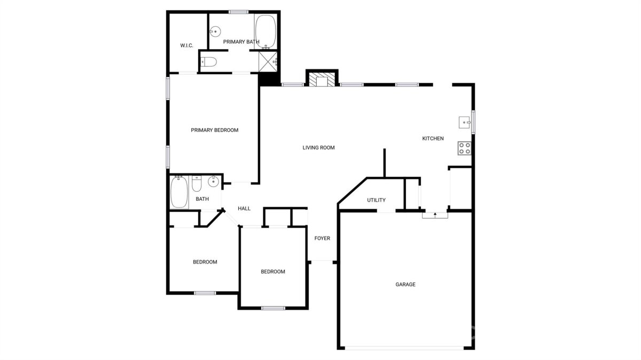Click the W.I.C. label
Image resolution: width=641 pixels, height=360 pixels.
click(x=186, y=45)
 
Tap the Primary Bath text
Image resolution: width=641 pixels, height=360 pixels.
click(x=241, y=42)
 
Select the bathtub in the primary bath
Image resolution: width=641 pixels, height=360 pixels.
click(x=265, y=32)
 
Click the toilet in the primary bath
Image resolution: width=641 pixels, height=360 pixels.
click(x=209, y=62)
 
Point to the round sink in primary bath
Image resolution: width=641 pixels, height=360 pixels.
click(x=215, y=31)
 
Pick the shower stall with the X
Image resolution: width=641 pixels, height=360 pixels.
click(x=268, y=62)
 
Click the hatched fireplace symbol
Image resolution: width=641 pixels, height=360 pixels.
click(x=322, y=79)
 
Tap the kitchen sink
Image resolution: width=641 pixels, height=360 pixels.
click(x=465, y=122)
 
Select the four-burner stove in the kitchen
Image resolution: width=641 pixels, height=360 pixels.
click(x=464, y=148)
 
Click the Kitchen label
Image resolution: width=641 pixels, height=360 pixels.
click(x=433, y=138)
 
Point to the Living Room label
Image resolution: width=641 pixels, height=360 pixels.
click(x=318, y=147)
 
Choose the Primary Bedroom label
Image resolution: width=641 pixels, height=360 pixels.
click(x=214, y=130)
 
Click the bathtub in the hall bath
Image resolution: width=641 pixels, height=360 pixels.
click(x=179, y=192)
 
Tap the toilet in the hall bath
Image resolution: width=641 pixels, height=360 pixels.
click(x=197, y=184)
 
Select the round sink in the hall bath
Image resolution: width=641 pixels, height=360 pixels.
click(x=213, y=182)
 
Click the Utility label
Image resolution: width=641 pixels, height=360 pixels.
click(x=376, y=200)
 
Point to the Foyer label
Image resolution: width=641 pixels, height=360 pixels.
click(x=322, y=238)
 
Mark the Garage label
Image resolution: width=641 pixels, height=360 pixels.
click(x=405, y=285)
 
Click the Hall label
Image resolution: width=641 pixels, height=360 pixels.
click(x=244, y=209)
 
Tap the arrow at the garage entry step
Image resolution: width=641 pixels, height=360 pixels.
click(x=435, y=215)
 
